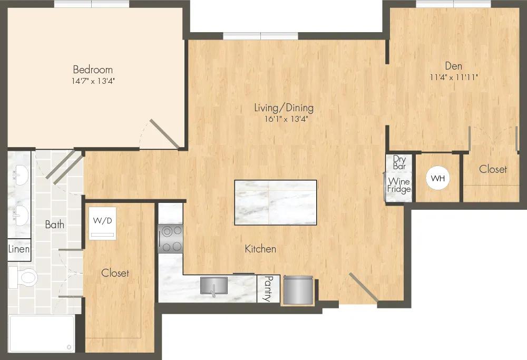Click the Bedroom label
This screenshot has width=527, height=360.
tap(93, 70)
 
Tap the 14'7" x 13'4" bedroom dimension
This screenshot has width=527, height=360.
tap(93, 81)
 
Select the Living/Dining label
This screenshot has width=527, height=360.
tap(284, 108)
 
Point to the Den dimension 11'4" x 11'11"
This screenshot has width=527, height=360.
tap(454, 77)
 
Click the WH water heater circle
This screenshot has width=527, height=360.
tap(437, 178)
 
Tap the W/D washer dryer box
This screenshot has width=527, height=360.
tap(103, 223)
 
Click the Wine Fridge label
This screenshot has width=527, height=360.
tap(399, 186)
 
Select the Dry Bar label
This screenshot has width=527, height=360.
tap(399, 162)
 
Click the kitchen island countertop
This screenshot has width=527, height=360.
tap(276, 203)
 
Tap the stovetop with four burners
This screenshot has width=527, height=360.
tap(170, 239)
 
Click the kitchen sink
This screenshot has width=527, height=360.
tap(214, 286)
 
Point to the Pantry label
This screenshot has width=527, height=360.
tap(269, 288)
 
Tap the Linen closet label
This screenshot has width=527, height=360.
tap(19, 249)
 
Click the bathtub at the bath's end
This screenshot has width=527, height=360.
tap(42, 334)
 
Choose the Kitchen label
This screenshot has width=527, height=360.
tap(260, 249)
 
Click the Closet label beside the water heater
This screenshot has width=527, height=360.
tap(493, 169)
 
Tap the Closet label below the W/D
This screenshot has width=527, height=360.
tap(115, 273)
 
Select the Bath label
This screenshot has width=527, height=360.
tap(55, 224)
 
